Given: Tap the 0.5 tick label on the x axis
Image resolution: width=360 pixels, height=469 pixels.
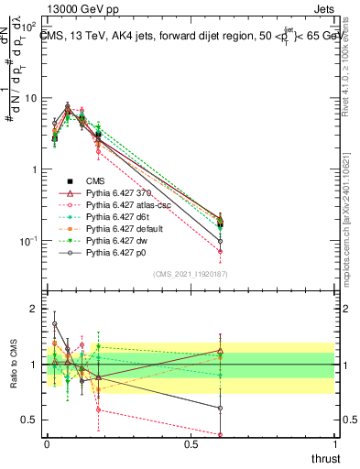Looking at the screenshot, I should click(x=191, y=443).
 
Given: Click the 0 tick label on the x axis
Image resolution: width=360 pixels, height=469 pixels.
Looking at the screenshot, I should click(x=47, y=443).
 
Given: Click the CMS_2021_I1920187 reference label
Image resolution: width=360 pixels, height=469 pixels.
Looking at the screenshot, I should click(x=190, y=273).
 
